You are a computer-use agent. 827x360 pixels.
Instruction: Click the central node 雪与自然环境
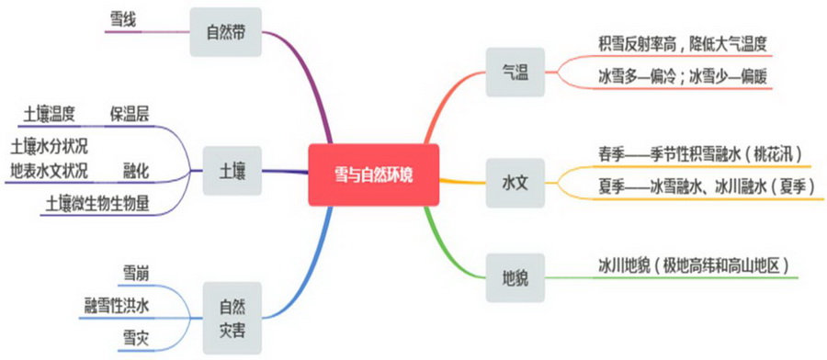(373, 174)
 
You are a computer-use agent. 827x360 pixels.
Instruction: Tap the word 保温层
(129, 114)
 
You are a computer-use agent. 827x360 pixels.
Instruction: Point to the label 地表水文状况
(50, 171)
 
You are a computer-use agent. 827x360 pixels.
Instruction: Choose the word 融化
(136, 171)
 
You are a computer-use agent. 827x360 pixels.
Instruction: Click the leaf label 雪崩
(136, 274)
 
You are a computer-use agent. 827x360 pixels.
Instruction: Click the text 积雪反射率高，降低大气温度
(681, 43)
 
